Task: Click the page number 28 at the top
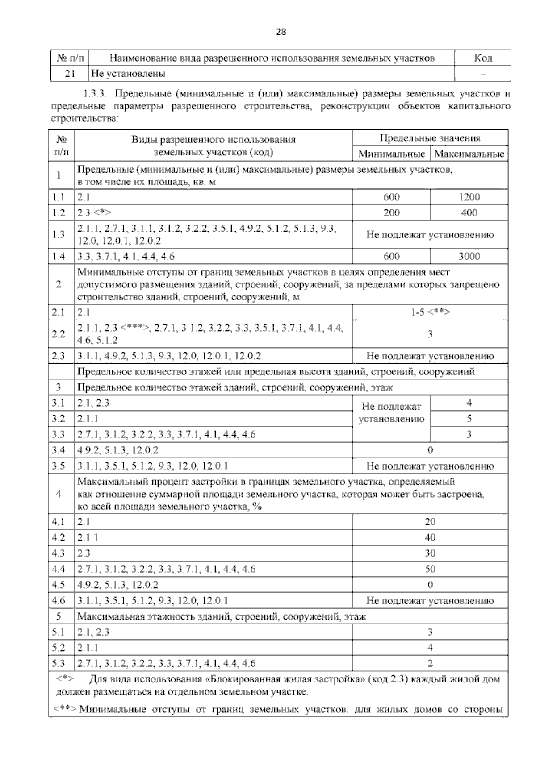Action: click(281, 32)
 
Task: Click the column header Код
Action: click(482, 58)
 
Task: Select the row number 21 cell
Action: click(69, 74)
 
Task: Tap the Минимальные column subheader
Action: click(391, 154)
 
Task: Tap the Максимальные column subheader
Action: click(469, 154)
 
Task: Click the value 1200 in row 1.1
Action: click(469, 197)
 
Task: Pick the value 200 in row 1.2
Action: click(391, 213)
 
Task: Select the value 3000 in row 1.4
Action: click(469, 256)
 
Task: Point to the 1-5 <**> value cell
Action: click(430, 312)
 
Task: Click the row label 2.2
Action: click(59, 334)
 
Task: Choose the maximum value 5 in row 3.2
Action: click(469, 419)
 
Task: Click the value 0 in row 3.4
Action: click(430, 450)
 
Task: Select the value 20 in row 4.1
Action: click(430, 522)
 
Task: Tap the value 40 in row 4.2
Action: click(430, 537)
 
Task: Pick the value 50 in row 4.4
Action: click(430, 569)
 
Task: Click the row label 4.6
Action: click(59, 601)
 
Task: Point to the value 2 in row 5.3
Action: click(430, 664)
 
